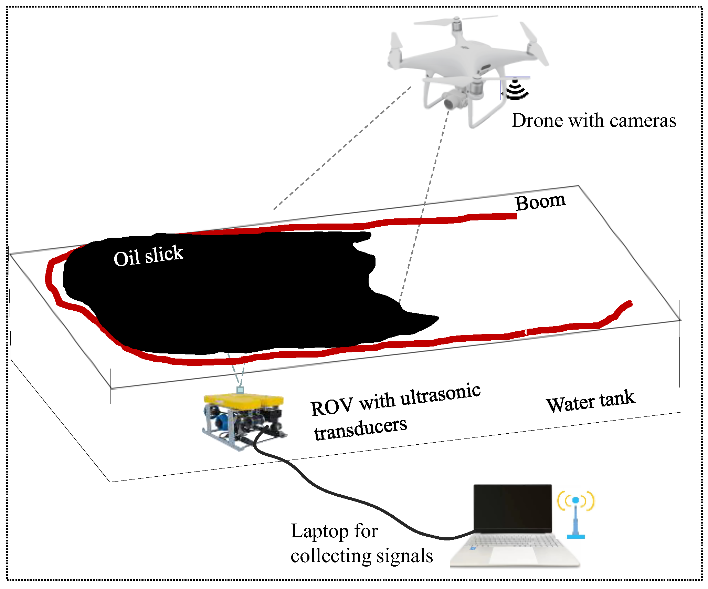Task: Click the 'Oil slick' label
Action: point(149,256)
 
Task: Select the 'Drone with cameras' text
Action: point(594,121)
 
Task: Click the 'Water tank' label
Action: point(590,401)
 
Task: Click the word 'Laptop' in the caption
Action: point(320,531)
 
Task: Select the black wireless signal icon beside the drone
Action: point(516,90)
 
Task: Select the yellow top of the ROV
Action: point(243,400)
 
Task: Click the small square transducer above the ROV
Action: point(240,390)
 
